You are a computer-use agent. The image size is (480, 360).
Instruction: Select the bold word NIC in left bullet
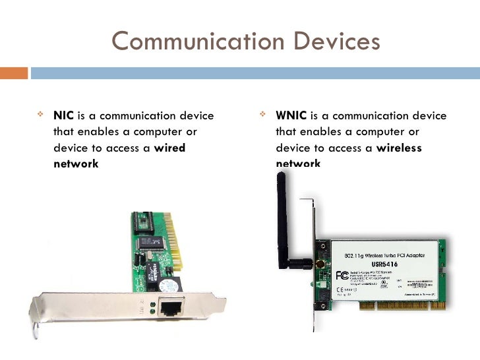coord(63,116)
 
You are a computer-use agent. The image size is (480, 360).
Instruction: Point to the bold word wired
coord(169,148)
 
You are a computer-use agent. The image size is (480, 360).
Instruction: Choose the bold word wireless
coord(398,148)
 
